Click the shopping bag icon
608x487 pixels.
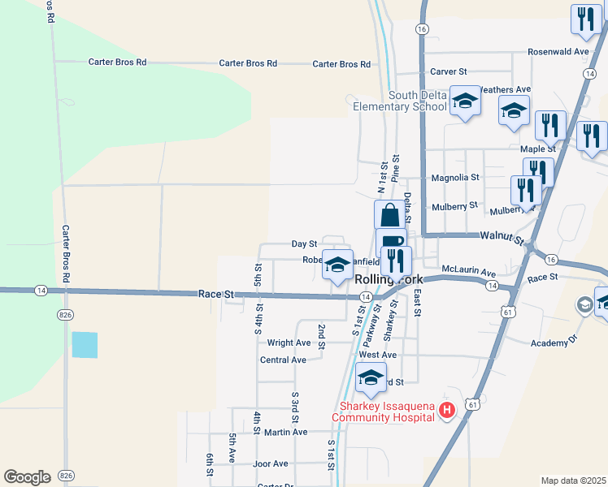coord(389,215)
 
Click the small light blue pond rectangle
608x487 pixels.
coord(85,345)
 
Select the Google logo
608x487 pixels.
coord(27,476)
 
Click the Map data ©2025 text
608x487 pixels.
coord(573,480)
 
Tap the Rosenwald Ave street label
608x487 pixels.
coord(558,51)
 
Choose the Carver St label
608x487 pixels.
coord(454,71)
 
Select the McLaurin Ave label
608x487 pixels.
coord(468,273)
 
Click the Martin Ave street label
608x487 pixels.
coord(285,432)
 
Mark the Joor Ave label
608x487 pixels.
coord(271,463)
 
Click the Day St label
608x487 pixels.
coord(304,243)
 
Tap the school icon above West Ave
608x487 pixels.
coord(371,377)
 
